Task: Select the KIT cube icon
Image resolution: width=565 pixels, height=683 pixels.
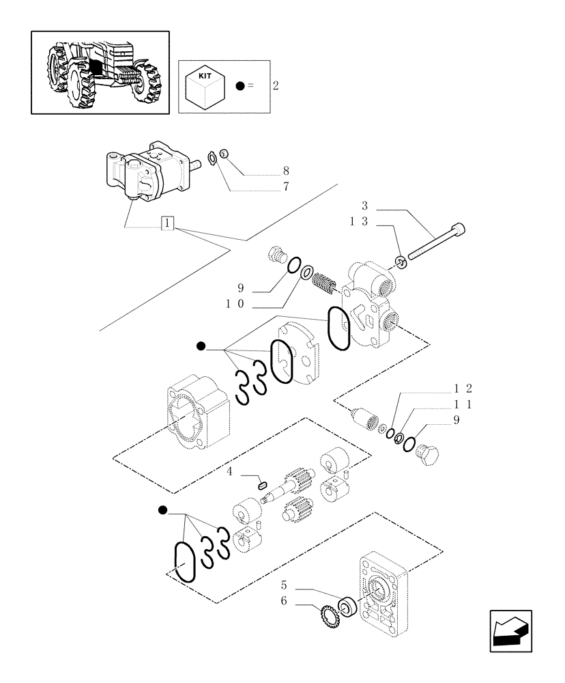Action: (205, 85)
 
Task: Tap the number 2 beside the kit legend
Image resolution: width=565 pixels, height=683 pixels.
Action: (275, 86)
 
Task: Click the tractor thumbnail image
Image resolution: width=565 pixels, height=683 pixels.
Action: (100, 72)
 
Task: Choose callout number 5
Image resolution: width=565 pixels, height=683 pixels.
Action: (285, 585)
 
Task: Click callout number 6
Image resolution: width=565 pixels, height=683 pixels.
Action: (285, 602)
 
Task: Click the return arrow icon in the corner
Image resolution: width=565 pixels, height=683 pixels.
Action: (510, 630)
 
